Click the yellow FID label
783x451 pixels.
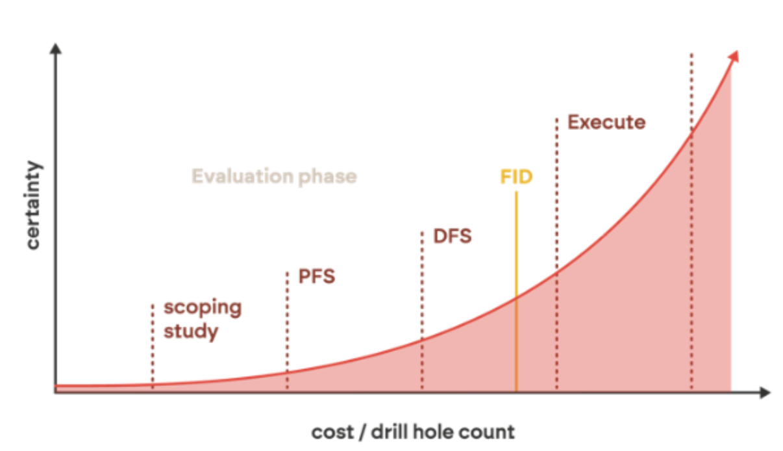pos(516,177)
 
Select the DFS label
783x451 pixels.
pos(452,236)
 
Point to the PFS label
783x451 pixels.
pos(317,276)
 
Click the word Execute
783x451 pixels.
pos(606,122)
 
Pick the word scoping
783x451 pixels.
pos(202,307)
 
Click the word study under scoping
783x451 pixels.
pos(190,331)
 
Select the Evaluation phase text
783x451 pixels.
pos(274,176)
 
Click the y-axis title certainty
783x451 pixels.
pos(33,205)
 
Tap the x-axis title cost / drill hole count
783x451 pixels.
pos(413,432)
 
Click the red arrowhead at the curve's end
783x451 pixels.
pos(734,57)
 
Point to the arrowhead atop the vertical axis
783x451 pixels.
pos(55,49)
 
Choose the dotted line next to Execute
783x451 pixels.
pos(556,195)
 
